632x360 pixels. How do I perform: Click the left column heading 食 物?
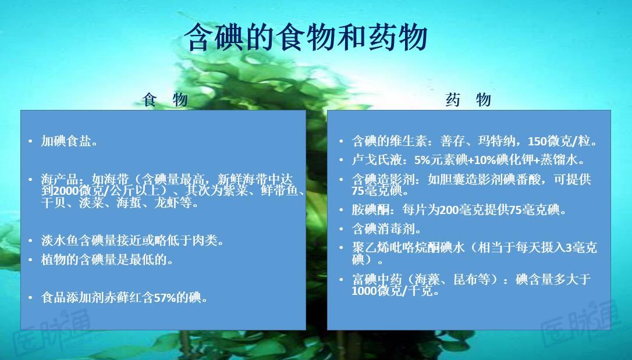165,100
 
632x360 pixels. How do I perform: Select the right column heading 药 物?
468,100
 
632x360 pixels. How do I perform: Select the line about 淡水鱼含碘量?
133,240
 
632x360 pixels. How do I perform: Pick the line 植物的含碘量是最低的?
108,259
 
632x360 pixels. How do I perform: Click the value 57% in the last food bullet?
164,298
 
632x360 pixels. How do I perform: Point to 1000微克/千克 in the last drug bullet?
394,291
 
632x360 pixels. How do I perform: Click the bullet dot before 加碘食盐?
30,141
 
